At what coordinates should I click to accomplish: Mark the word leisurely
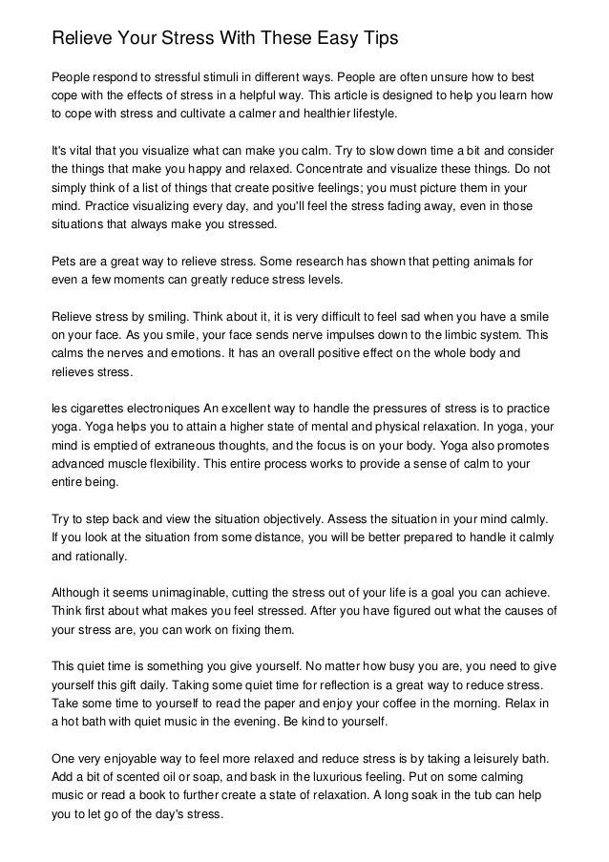(x=490, y=758)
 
